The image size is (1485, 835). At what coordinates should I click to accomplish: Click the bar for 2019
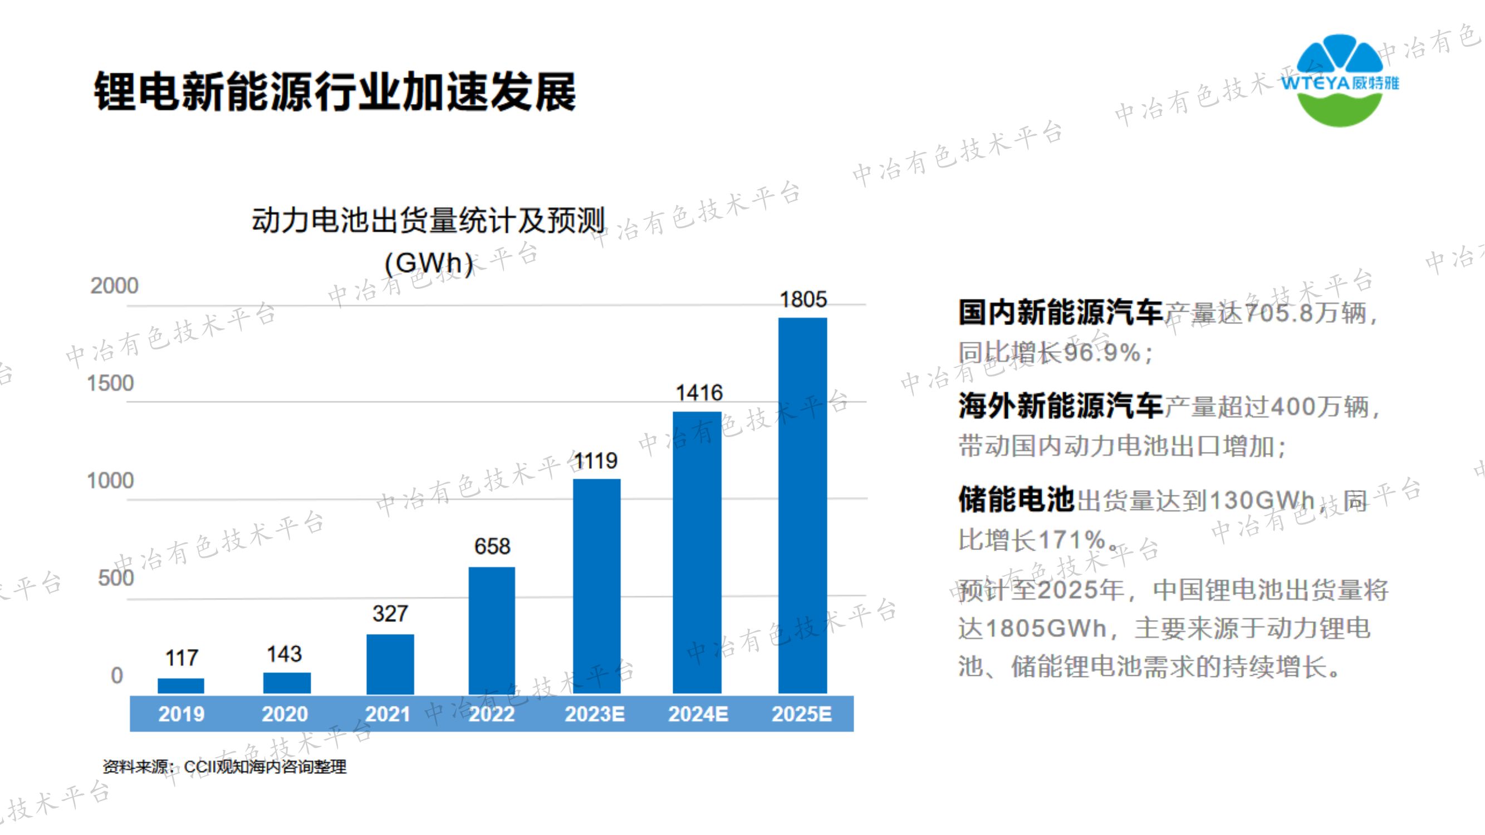181,685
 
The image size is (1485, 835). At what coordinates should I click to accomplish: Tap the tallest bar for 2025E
802,505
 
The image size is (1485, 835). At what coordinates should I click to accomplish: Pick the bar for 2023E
596,586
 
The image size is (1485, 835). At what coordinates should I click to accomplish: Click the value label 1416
699,393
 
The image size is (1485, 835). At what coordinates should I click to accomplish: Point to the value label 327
390,613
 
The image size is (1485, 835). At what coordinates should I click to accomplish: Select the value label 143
284,654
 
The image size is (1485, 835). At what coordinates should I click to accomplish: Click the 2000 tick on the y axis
114,286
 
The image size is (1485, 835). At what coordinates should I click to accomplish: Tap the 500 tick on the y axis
116,578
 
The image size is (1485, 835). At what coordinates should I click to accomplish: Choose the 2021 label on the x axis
388,714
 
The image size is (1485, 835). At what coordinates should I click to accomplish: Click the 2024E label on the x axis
698,714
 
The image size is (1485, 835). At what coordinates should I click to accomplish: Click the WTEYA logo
1339,81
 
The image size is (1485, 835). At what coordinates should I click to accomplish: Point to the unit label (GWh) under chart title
428,263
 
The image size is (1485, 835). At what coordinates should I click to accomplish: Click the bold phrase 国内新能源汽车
1060,313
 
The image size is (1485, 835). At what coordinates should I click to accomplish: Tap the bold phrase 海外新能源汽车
1060,406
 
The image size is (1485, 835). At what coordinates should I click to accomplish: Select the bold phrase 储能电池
1016,500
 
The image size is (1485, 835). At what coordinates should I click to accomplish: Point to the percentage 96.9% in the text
1102,353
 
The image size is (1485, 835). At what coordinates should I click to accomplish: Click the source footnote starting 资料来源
225,767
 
